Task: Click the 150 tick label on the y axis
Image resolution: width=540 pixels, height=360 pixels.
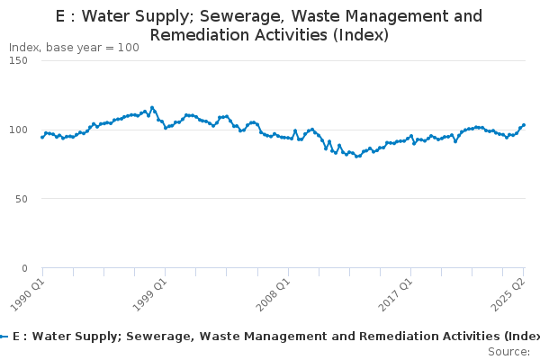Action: point(19,60)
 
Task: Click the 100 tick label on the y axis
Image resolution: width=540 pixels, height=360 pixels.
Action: point(19,130)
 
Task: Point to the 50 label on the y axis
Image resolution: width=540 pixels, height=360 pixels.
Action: point(22,199)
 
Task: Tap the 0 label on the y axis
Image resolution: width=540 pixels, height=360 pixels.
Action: point(24,268)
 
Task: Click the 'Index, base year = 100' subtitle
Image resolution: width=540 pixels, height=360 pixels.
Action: point(74,48)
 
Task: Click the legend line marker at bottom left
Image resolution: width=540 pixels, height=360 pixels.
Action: point(4,336)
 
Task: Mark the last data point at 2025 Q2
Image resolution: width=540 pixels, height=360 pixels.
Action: point(524,125)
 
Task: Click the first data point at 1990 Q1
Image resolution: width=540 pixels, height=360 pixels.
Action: point(42,138)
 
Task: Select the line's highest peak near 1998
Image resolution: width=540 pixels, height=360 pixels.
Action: point(152,108)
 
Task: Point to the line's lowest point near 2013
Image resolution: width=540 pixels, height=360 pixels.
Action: point(357,157)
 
